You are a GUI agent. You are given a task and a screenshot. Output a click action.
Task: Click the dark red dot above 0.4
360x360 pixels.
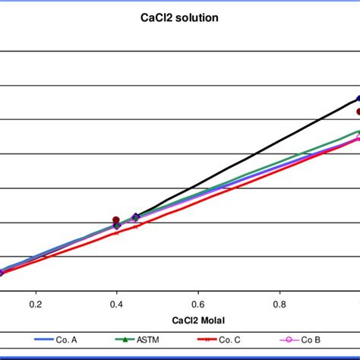pyautogui.click(x=116, y=219)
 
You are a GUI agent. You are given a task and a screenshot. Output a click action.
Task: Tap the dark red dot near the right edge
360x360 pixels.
pyautogui.click(x=358, y=112)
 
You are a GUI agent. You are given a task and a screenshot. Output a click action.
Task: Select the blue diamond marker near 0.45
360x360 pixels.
pyautogui.click(x=136, y=217)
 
